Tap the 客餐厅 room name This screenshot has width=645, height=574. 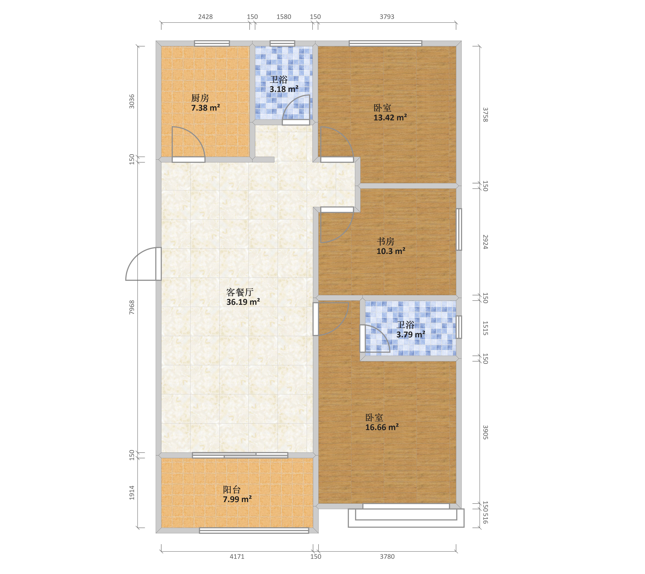click(240, 292)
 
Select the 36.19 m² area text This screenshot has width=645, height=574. click(243, 302)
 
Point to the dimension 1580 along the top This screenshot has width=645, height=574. click(284, 17)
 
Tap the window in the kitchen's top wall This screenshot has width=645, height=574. click(212, 43)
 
